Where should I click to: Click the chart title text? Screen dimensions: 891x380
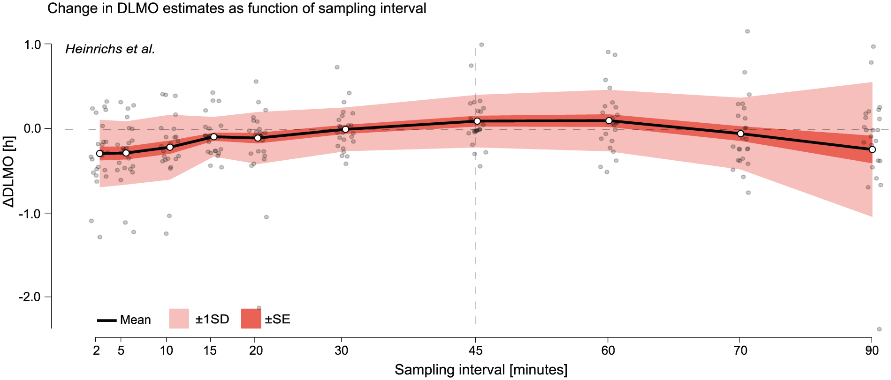[x=237, y=8]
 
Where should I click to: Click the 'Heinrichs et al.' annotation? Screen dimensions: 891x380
[x=110, y=49]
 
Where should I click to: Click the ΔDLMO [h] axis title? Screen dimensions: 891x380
[x=9, y=171]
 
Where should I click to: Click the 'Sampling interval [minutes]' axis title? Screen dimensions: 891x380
[x=481, y=370]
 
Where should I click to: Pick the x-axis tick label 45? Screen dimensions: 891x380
[x=475, y=350]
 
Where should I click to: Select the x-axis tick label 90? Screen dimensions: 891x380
[x=872, y=350]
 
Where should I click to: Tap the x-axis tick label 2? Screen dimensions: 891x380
[x=96, y=350]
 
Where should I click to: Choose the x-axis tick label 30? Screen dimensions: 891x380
[x=342, y=350]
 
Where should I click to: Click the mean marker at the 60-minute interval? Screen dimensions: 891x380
[x=609, y=121]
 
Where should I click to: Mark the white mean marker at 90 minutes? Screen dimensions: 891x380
[x=872, y=149]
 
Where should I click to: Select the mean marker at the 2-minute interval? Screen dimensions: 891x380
[x=99, y=154]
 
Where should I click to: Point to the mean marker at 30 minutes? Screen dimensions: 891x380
[x=346, y=129]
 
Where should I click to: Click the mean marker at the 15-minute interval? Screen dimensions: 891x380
[x=214, y=137]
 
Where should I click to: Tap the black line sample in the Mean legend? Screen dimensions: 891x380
[x=107, y=320]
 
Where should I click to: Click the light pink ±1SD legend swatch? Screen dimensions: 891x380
[x=179, y=319]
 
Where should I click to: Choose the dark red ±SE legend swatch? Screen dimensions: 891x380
[x=251, y=319]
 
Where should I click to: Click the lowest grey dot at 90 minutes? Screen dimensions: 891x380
[x=879, y=329]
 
